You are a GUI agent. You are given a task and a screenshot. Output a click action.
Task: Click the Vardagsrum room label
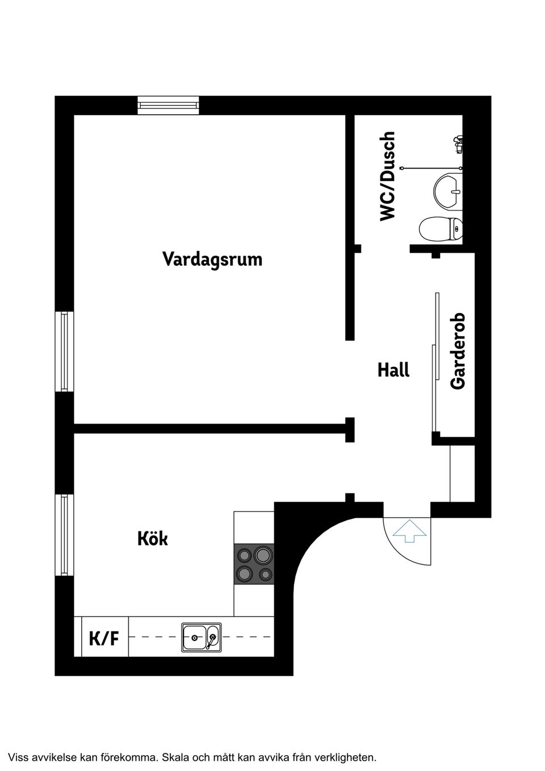(212, 259)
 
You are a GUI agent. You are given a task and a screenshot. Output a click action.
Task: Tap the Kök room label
(153, 538)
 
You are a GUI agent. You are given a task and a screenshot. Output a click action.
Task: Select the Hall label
(393, 370)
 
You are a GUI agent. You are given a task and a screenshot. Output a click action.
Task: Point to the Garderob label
(458, 351)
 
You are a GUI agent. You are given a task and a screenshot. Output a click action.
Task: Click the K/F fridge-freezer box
(104, 638)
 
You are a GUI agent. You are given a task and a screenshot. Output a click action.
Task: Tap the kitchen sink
(201, 637)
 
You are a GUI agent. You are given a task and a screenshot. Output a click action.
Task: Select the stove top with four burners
(254, 564)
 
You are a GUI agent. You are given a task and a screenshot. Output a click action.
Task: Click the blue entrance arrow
(409, 533)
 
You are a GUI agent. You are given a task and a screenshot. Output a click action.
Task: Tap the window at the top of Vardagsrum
(169, 106)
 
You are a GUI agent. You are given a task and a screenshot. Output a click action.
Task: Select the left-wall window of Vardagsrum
(64, 351)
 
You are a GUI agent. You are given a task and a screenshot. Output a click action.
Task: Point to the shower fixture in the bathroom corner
(459, 144)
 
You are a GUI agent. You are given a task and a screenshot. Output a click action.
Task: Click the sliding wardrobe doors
(435, 363)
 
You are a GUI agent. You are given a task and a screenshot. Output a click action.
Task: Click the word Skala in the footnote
(175, 757)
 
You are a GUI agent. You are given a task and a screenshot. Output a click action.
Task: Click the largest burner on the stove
(263, 554)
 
